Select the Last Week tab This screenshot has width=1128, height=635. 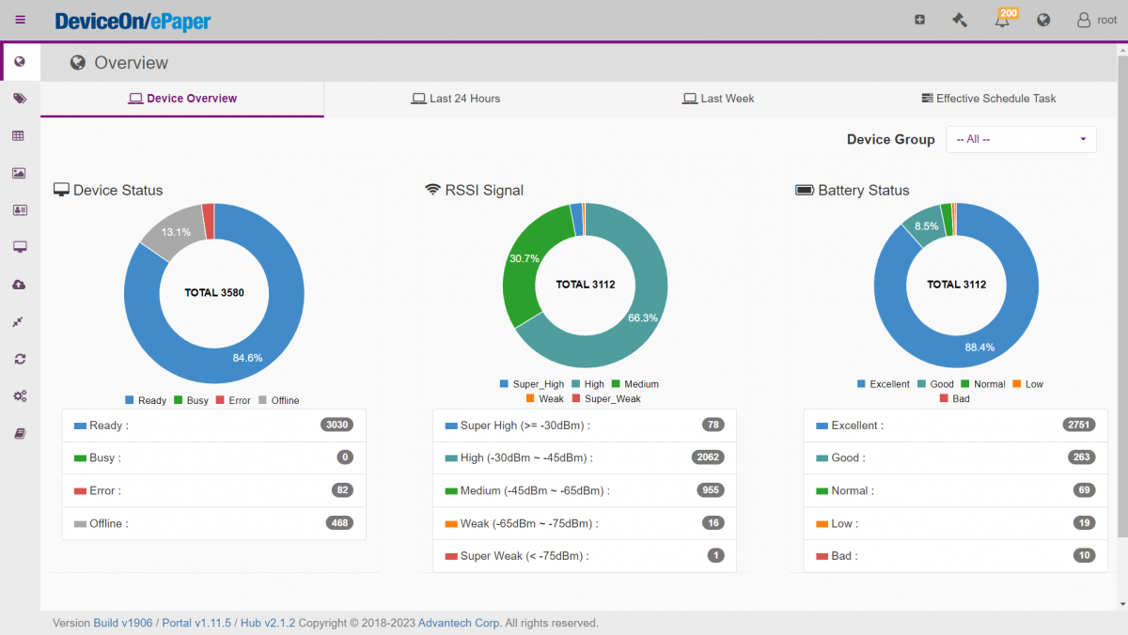718,99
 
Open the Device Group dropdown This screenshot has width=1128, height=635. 1021,139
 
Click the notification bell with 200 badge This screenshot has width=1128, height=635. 1003,20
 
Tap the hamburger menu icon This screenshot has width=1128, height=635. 21,20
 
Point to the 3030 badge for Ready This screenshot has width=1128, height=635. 337,425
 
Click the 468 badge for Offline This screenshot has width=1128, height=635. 339,523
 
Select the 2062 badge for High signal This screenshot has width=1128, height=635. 708,457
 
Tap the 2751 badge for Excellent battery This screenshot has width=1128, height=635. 1079,425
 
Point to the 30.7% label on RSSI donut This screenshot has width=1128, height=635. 524,258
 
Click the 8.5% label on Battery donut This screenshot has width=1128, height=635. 926,226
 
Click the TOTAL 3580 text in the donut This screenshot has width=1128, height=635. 214,293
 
